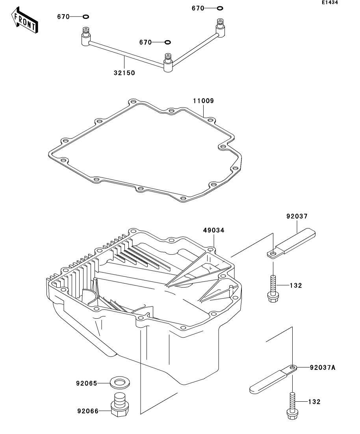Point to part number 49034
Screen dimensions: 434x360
pyautogui.click(x=214, y=231)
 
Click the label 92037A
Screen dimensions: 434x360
pyautogui.click(x=323, y=368)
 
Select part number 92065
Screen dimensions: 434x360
pyautogui.click(x=87, y=382)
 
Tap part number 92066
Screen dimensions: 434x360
pyautogui.click(x=87, y=411)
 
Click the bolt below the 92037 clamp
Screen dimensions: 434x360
pyautogui.click(x=272, y=290)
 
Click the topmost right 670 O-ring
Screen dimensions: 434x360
pyautogui.click(x=220, y=8)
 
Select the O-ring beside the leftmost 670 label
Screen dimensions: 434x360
pyautogui.click(x=86, y=17)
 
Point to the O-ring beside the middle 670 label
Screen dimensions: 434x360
pyautogui.click(x=167, y=42)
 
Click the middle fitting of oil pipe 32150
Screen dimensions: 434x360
pyautogui.click(x=169, y=63)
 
